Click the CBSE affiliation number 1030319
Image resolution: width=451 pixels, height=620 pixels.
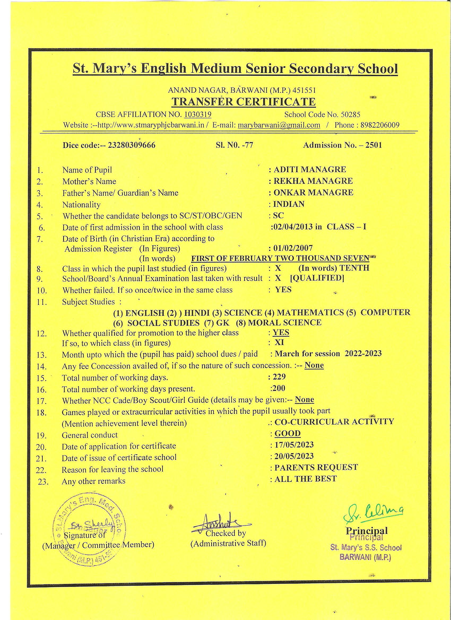198,114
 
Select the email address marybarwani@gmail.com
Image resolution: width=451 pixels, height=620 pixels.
279,125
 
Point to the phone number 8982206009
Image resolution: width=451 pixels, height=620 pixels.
380,125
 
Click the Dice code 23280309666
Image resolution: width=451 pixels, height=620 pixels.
132,145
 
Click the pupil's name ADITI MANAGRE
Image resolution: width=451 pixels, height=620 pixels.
310,169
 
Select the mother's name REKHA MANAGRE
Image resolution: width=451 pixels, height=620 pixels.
313,181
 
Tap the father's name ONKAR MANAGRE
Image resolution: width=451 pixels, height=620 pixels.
313,193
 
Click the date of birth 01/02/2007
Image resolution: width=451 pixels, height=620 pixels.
293,248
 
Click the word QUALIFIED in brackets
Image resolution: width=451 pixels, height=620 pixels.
317,278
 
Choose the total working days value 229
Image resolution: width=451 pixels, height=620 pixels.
279,377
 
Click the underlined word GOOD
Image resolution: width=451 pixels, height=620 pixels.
288,434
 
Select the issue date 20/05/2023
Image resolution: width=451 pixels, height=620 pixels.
294,456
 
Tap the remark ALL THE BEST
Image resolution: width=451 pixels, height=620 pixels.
305,479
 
